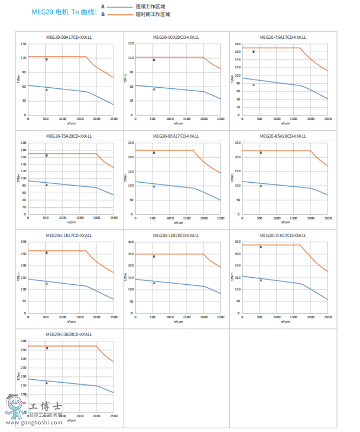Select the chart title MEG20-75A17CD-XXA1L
click(x=283, y=37)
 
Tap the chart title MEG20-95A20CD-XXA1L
click(x=283, y=136)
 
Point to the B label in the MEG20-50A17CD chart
click(x=47, y=59)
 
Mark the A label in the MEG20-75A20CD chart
click(x=47, y=185)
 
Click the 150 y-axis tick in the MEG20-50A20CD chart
click(x=130, y=44)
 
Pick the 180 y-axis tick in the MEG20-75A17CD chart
click(x=237, y=44)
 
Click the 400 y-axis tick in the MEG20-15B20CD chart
click(x=23, y=341)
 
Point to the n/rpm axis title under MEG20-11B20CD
click(x=178, y=321)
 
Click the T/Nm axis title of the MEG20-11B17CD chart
click(x=19, y=277)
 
